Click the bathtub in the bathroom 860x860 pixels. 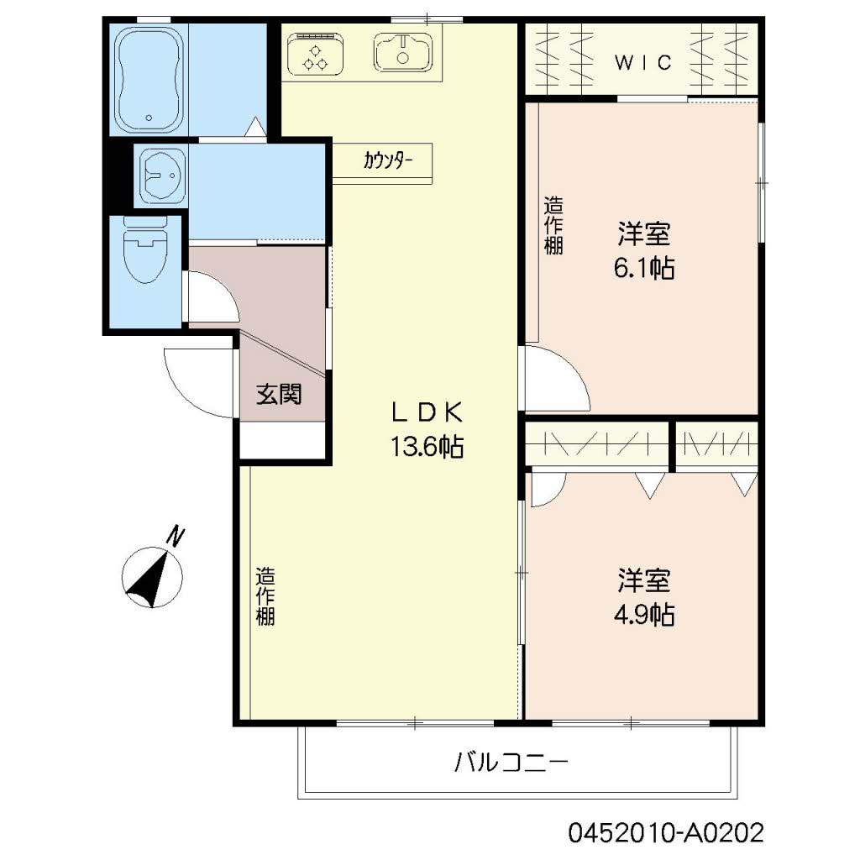click(149, 79)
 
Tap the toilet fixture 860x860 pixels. click(144, 250)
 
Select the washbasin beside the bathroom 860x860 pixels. click(164, 176)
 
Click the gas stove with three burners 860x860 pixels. click(316, 55)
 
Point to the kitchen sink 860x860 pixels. click(402, 53)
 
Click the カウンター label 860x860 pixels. click(388, 160)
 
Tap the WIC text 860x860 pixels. click(642, 62)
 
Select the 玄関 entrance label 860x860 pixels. click(279, 394)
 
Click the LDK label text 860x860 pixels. click(427, 412)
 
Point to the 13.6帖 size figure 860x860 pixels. click(427, 447)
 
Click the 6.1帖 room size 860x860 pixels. click(644, 268)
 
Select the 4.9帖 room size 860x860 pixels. click(644, 616)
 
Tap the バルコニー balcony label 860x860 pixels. click(511, 762)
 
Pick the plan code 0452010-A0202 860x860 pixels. click(666, 832)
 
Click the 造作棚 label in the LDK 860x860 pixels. click(265, 596)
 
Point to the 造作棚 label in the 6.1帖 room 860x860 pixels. click(553, 225)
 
